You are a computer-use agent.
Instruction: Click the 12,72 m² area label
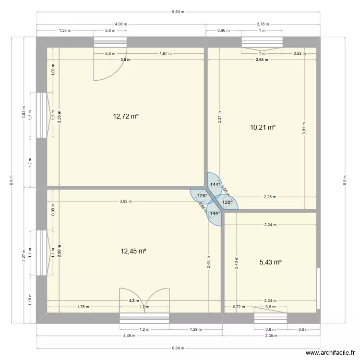(126, 116)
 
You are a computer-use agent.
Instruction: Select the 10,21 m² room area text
(263, 127)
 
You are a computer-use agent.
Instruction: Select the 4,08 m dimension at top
(121, 23)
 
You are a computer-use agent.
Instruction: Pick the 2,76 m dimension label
(263, 23)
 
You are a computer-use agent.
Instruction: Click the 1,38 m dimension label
(65, 30)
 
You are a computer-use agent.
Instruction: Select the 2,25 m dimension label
(270, 197)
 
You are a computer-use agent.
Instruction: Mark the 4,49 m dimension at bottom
(129, 336)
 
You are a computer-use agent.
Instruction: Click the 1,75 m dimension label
(83, 307)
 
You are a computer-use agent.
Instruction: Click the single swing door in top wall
(110, 64)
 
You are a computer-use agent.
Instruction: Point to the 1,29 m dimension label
(196, 329)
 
